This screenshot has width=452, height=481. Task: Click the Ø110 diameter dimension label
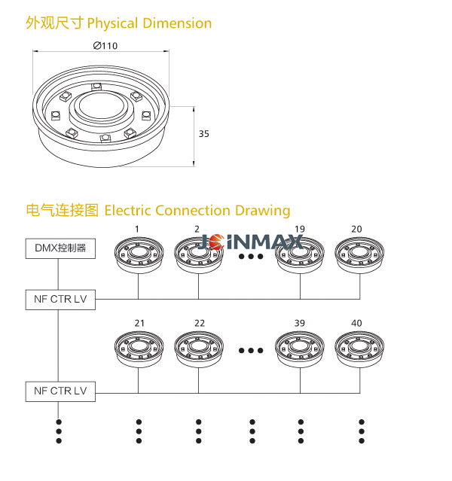click(105, 45)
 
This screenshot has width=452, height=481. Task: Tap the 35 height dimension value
click(203, 134)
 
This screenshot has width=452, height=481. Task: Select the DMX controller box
click(60, 247)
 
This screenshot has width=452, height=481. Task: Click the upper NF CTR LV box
click(60, 299)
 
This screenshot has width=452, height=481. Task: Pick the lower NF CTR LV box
click(60, 391)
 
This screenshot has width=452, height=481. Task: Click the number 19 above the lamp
click(300, 229)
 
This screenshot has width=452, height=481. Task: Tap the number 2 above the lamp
click(197, 229)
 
